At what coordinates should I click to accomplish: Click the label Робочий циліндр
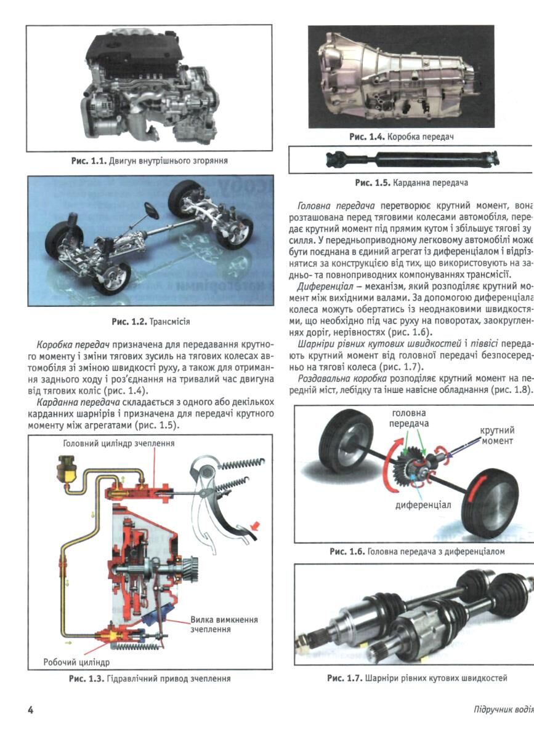pos(76,662)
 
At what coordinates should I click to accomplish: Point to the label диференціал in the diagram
pos(423,505)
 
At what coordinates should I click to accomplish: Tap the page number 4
pos(30,710)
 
